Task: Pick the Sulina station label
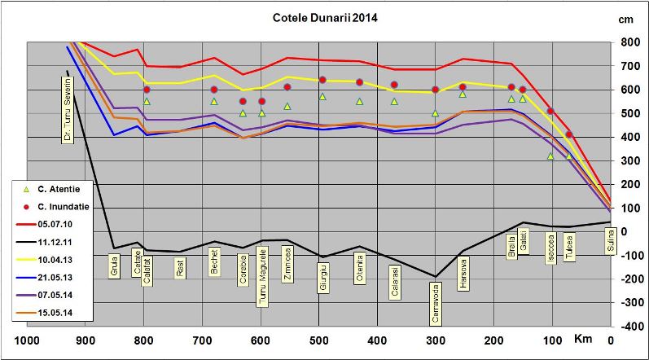point(609,241)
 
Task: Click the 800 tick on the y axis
point(629,42)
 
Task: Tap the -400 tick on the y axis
point(627,326)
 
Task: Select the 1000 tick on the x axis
point(29,340)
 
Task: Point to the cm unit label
point(626,19)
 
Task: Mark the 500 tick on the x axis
point(319,340)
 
